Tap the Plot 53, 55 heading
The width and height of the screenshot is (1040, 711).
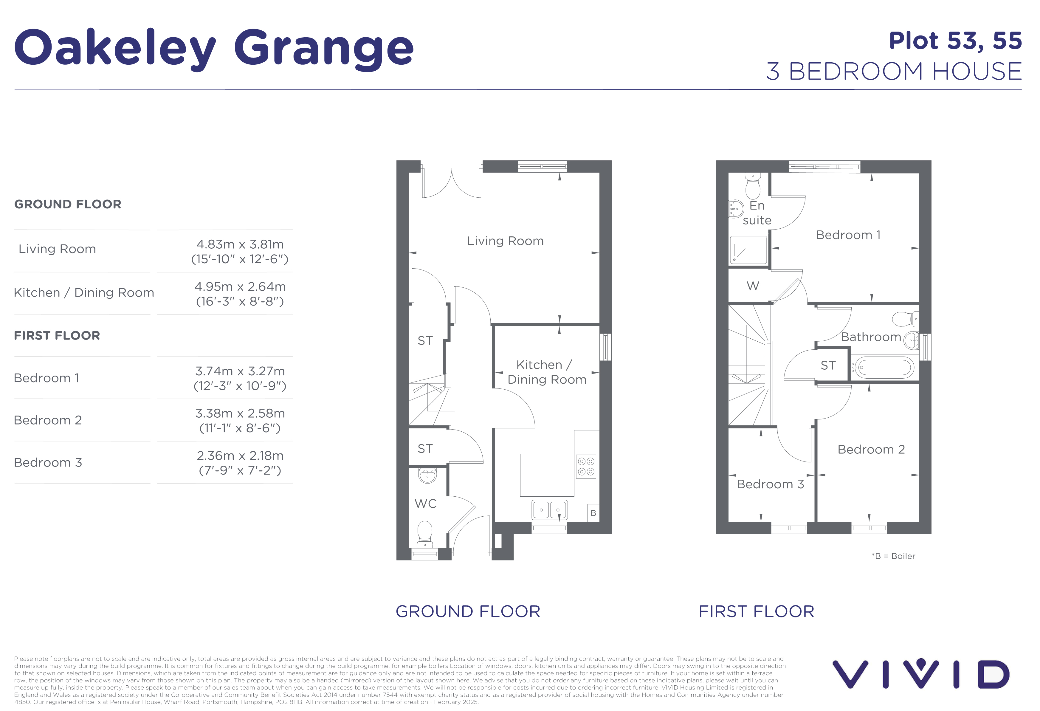[x=955, y=41]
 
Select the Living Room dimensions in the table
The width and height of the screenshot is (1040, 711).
[x=240, y=252]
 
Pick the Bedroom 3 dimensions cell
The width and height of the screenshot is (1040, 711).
[x=240, y=463]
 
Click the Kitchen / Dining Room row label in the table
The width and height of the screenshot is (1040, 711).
[x=84, y=293]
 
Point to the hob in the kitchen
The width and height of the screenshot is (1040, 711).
[x=586, y=466]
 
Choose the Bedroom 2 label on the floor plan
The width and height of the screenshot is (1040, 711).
[x=871, y=449]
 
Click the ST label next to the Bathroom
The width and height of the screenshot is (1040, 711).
[x=828, y=365]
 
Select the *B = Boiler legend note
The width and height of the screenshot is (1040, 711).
[x=893, y=556]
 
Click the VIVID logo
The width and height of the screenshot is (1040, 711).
[x=921, y=674]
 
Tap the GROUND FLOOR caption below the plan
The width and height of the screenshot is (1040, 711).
[x=468, y=612]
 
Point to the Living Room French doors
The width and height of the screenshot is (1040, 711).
[x=452, y=183]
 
